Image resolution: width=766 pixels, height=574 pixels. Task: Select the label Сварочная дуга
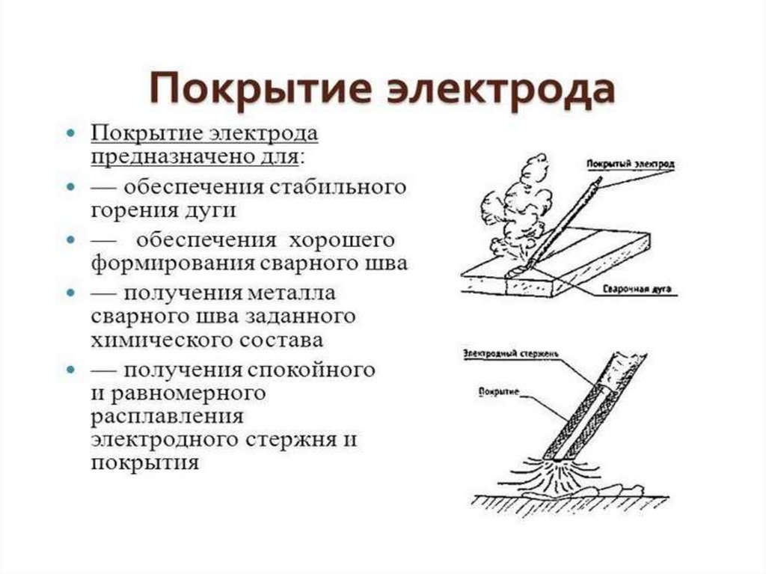(632, 288)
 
